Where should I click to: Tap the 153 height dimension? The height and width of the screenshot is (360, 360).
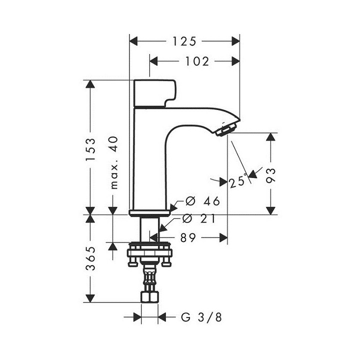tap(90, 148)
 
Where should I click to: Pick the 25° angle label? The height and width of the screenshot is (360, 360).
tap(238, 181)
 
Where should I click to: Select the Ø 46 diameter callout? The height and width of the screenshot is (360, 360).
tap(202, 201)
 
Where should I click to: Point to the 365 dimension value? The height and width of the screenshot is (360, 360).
tap(90, 259)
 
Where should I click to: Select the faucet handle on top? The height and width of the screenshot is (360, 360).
tap(155, 92)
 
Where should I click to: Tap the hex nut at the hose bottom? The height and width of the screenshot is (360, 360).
tap(149, 297)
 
